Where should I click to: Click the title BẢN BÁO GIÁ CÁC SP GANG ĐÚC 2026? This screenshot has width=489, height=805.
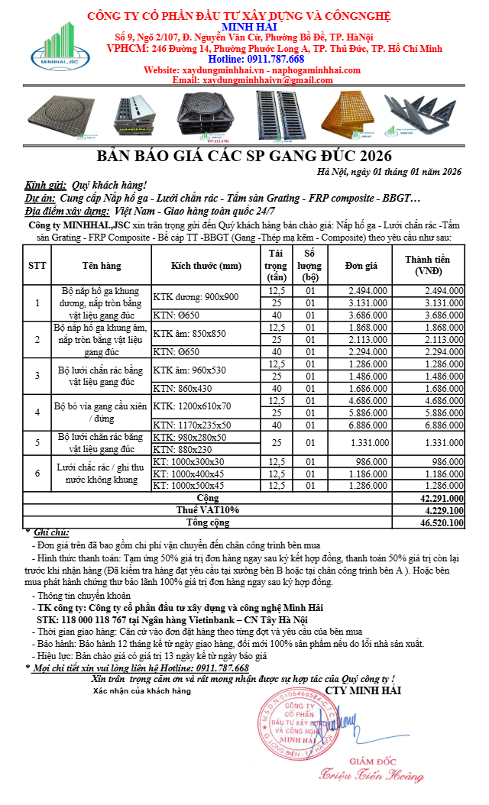[245, 157]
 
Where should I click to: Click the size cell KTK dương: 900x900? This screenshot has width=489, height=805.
[196, 297]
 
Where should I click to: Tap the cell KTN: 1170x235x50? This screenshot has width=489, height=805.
[202, 425]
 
